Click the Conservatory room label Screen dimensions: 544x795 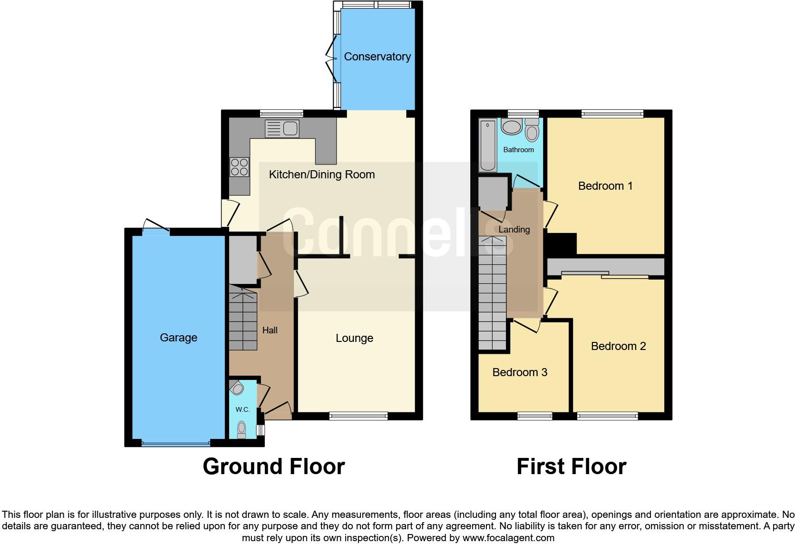point(377,57)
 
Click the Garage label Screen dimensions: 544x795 point(178,338)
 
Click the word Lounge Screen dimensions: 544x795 point(354,338)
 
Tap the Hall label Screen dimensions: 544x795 point(270,330)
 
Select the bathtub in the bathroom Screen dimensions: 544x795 point(488,146)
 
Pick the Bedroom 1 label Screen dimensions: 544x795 point(605,186)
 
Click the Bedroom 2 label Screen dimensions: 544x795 point(618,346)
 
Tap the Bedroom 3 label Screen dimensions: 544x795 point(520,372)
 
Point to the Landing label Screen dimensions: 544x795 point(514,230)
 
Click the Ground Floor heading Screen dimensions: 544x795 point(273,466)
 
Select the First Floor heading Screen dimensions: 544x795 point(571,466)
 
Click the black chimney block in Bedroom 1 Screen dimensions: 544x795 point(561,244)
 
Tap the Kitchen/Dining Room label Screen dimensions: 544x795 point(322,175)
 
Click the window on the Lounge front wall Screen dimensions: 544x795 point(359,416)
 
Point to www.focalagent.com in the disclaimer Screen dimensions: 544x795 point(508,538)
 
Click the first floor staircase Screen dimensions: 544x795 point(492,295)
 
